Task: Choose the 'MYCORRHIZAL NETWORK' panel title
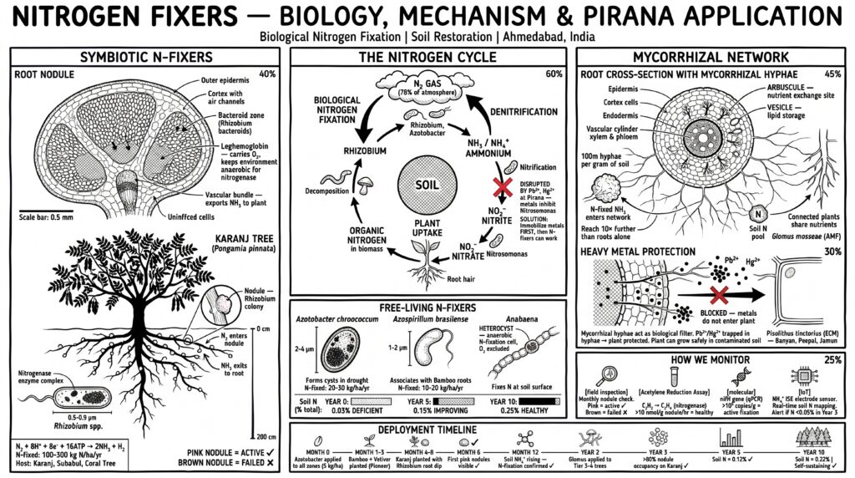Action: click(711, 57)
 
